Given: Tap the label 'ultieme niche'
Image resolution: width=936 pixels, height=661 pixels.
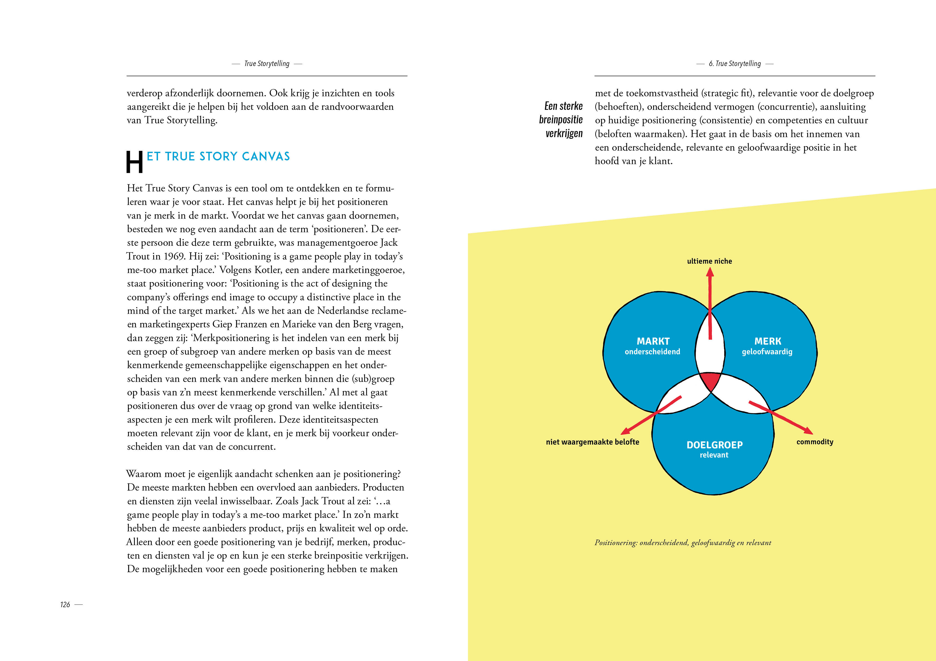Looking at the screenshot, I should (709, 261).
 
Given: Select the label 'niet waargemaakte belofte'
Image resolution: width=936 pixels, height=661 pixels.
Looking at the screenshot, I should (592, 442).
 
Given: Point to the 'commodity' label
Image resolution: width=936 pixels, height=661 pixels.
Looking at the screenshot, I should (815, 442).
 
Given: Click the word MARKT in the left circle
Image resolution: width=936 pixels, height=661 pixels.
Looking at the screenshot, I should (653, 341).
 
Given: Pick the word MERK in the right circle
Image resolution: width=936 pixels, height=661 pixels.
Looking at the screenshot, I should (768, 341).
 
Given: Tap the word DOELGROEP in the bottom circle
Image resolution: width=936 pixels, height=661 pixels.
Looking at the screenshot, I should (714, 444).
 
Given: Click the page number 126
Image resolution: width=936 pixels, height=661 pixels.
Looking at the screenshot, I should (65, 605).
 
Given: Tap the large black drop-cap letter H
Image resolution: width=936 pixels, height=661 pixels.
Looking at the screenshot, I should (134, 162).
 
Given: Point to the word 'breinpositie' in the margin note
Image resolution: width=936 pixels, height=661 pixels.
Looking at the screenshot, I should (561, 119).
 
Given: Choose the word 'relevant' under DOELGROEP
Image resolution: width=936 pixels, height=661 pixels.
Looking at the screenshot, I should (714, 455).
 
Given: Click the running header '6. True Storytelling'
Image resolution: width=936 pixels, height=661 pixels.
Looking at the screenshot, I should (735, 64).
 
